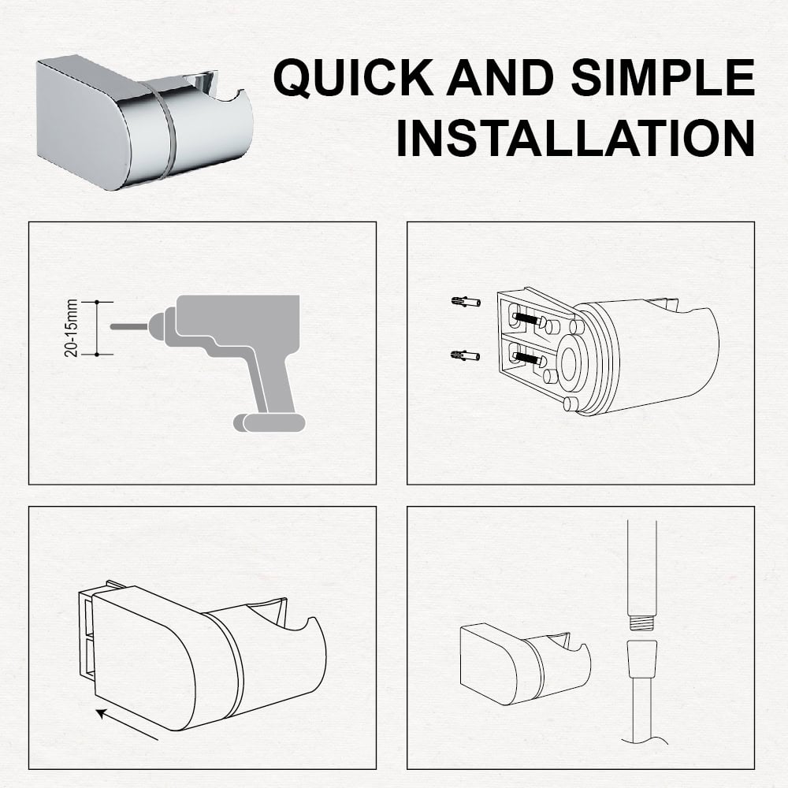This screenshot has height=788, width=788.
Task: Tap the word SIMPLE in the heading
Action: click(x=663, y=77)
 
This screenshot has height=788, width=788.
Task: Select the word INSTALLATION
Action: click(x=575, y=138)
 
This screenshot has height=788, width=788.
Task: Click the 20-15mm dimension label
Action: click(x=71, y=328)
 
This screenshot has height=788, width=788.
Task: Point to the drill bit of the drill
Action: click(x=128, y=327)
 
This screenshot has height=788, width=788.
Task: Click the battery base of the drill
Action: click(x=269, y=422)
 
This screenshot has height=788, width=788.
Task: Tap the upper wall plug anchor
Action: click(x=466, y=302)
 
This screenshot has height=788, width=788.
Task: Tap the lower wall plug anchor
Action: click(x=466, y=356)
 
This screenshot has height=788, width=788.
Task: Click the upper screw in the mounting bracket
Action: click(x=529, y=318)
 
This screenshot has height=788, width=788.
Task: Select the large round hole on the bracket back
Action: click(x=569, y=364)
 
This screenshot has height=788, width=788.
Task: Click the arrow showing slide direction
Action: click(x=127, y=724)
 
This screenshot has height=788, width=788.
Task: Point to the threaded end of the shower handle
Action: click(x=641, y=621)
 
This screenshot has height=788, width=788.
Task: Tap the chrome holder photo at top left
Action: click(x=145, y=123)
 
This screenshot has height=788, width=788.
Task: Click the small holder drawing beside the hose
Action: click(x=525, y=663)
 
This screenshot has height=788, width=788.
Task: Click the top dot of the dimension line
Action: click(x=97, y=302)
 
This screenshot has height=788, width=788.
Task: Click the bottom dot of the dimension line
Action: click(x=97, y=355)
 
